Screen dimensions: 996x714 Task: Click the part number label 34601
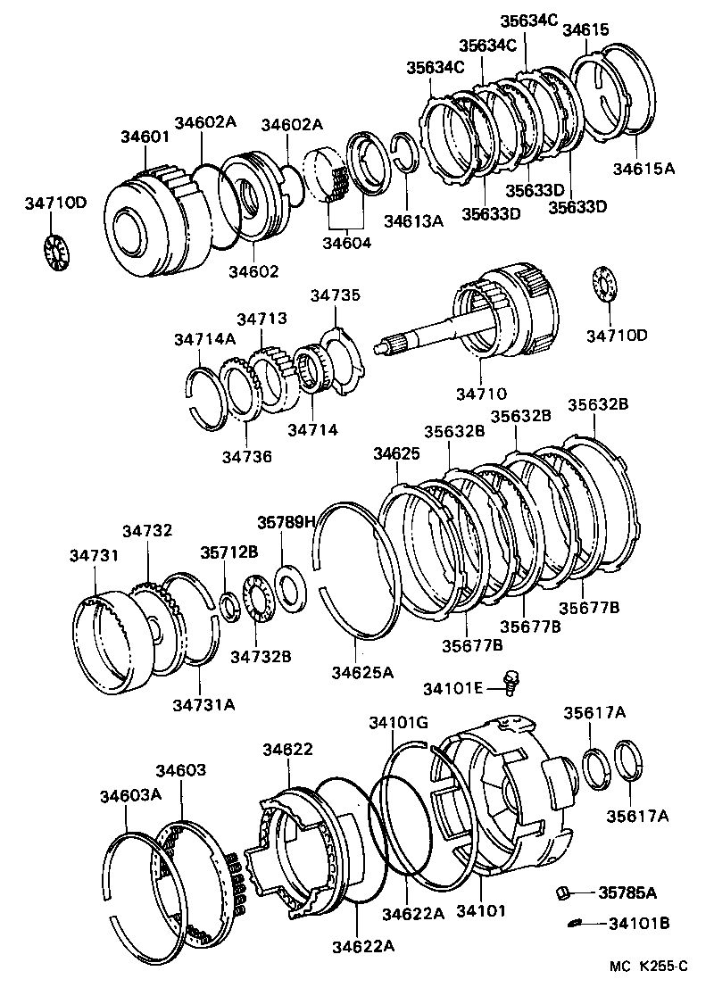point(145,137)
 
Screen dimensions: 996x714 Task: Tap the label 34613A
point(413,220)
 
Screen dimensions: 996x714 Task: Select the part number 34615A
point(643,167)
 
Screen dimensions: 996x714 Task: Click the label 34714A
point(204,338)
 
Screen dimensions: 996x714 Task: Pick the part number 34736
point(246,456)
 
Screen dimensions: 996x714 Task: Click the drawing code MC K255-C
point(649,966)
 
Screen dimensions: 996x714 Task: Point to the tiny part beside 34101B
point(576,923)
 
